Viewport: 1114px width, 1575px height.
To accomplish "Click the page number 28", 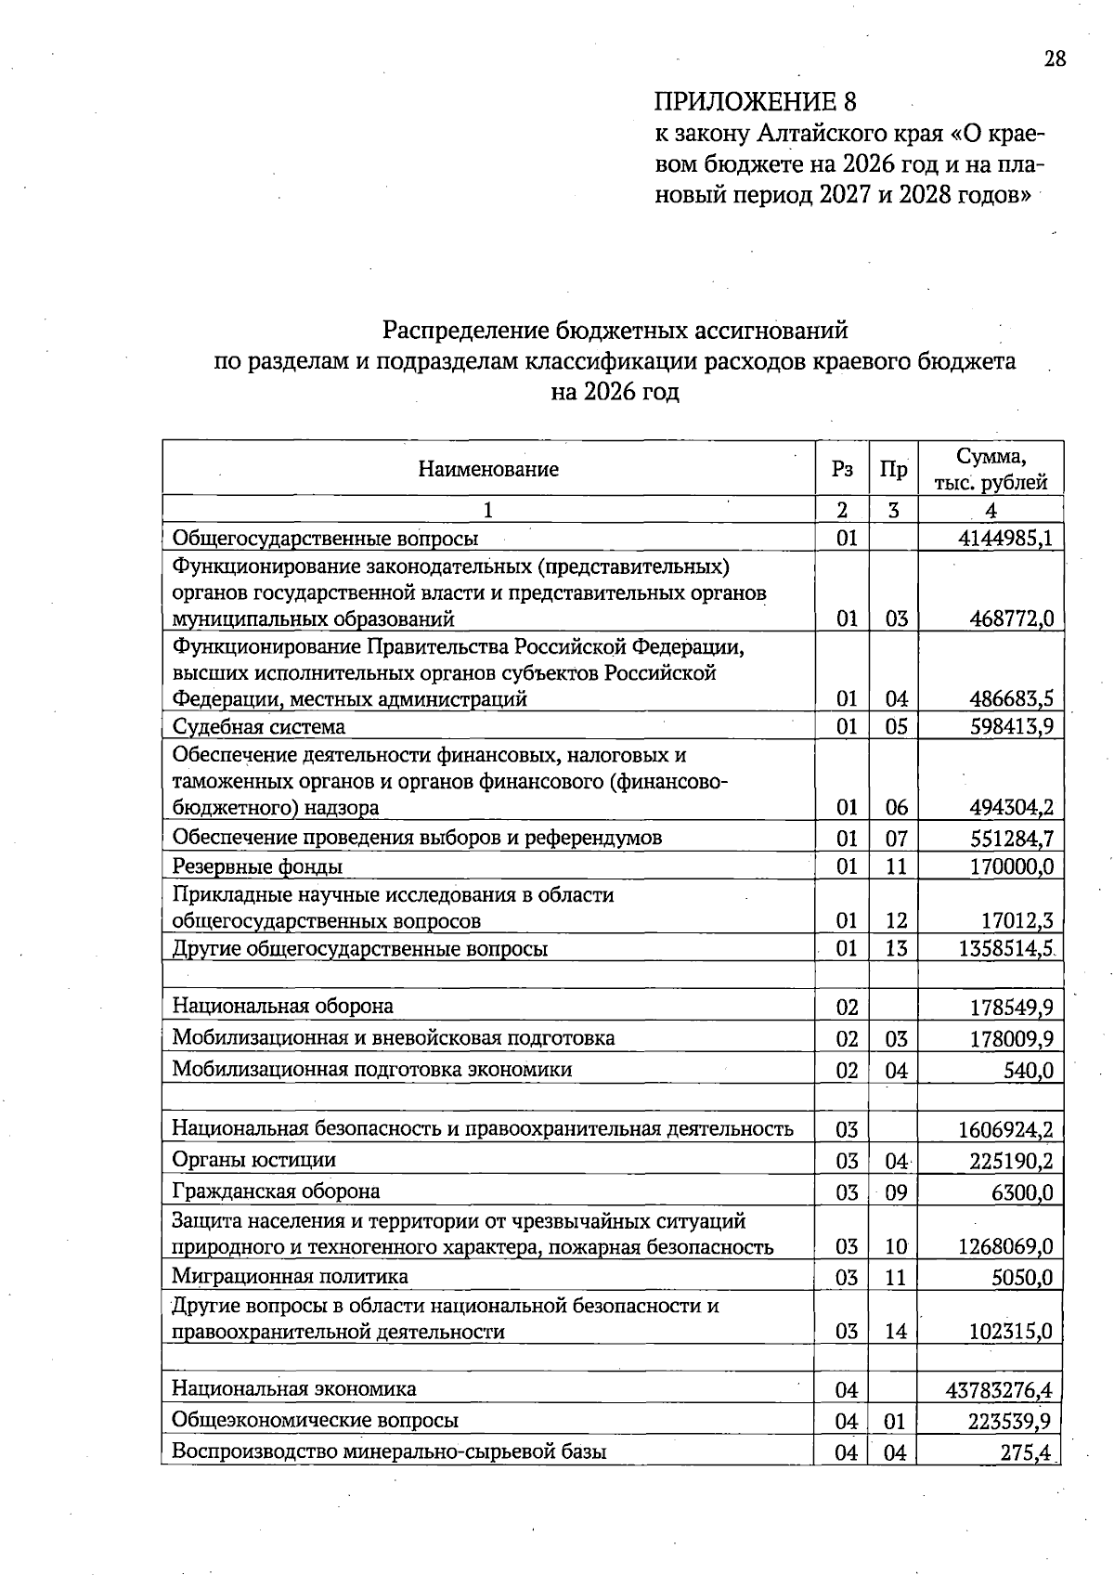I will pos(1055,59).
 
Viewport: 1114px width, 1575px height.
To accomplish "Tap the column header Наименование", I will pos(488,469).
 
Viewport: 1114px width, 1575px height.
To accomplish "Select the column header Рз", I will pos(842,469).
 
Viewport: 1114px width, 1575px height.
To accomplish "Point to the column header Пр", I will pos(893,469).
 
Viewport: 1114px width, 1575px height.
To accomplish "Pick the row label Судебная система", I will pos(259,726).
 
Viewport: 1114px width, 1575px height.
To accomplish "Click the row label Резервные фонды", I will pos(257,866).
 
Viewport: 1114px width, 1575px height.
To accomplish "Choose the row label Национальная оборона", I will pos(282,1006).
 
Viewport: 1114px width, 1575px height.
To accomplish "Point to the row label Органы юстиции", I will pos(253,1159).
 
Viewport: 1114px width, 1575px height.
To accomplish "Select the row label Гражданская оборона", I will pos(276,1191).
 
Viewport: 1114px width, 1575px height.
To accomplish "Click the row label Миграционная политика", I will pos(290,1276).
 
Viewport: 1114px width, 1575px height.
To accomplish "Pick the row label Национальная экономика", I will pos(293,1388).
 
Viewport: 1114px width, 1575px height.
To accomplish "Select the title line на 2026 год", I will pos(615,392).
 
